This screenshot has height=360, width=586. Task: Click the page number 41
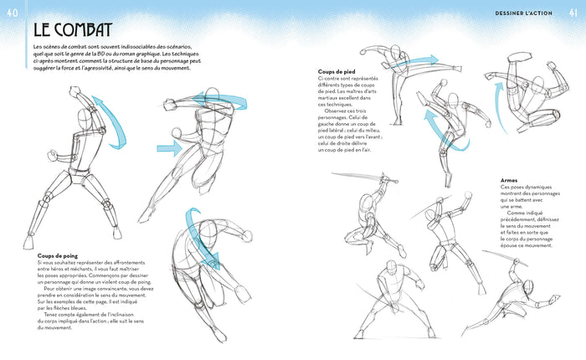coord(574,10)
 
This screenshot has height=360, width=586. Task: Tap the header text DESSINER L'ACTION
coord(525,11)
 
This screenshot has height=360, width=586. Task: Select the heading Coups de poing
coord(57,255)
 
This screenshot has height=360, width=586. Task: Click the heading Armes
coord(509,180)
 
